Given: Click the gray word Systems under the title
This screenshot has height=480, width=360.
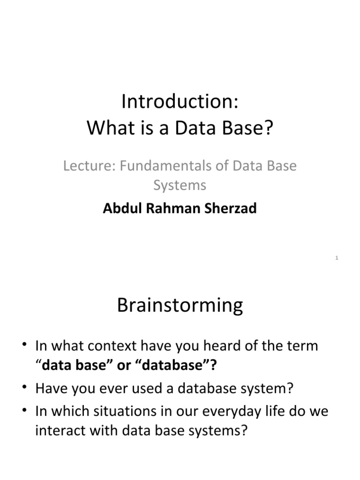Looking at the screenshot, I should (x=180, y=185).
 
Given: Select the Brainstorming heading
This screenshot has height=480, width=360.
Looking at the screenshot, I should (x=180, y=306).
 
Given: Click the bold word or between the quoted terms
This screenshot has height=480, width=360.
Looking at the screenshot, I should (x=124, y=366).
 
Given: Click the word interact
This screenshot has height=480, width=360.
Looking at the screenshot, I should (x=62, y=430).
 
